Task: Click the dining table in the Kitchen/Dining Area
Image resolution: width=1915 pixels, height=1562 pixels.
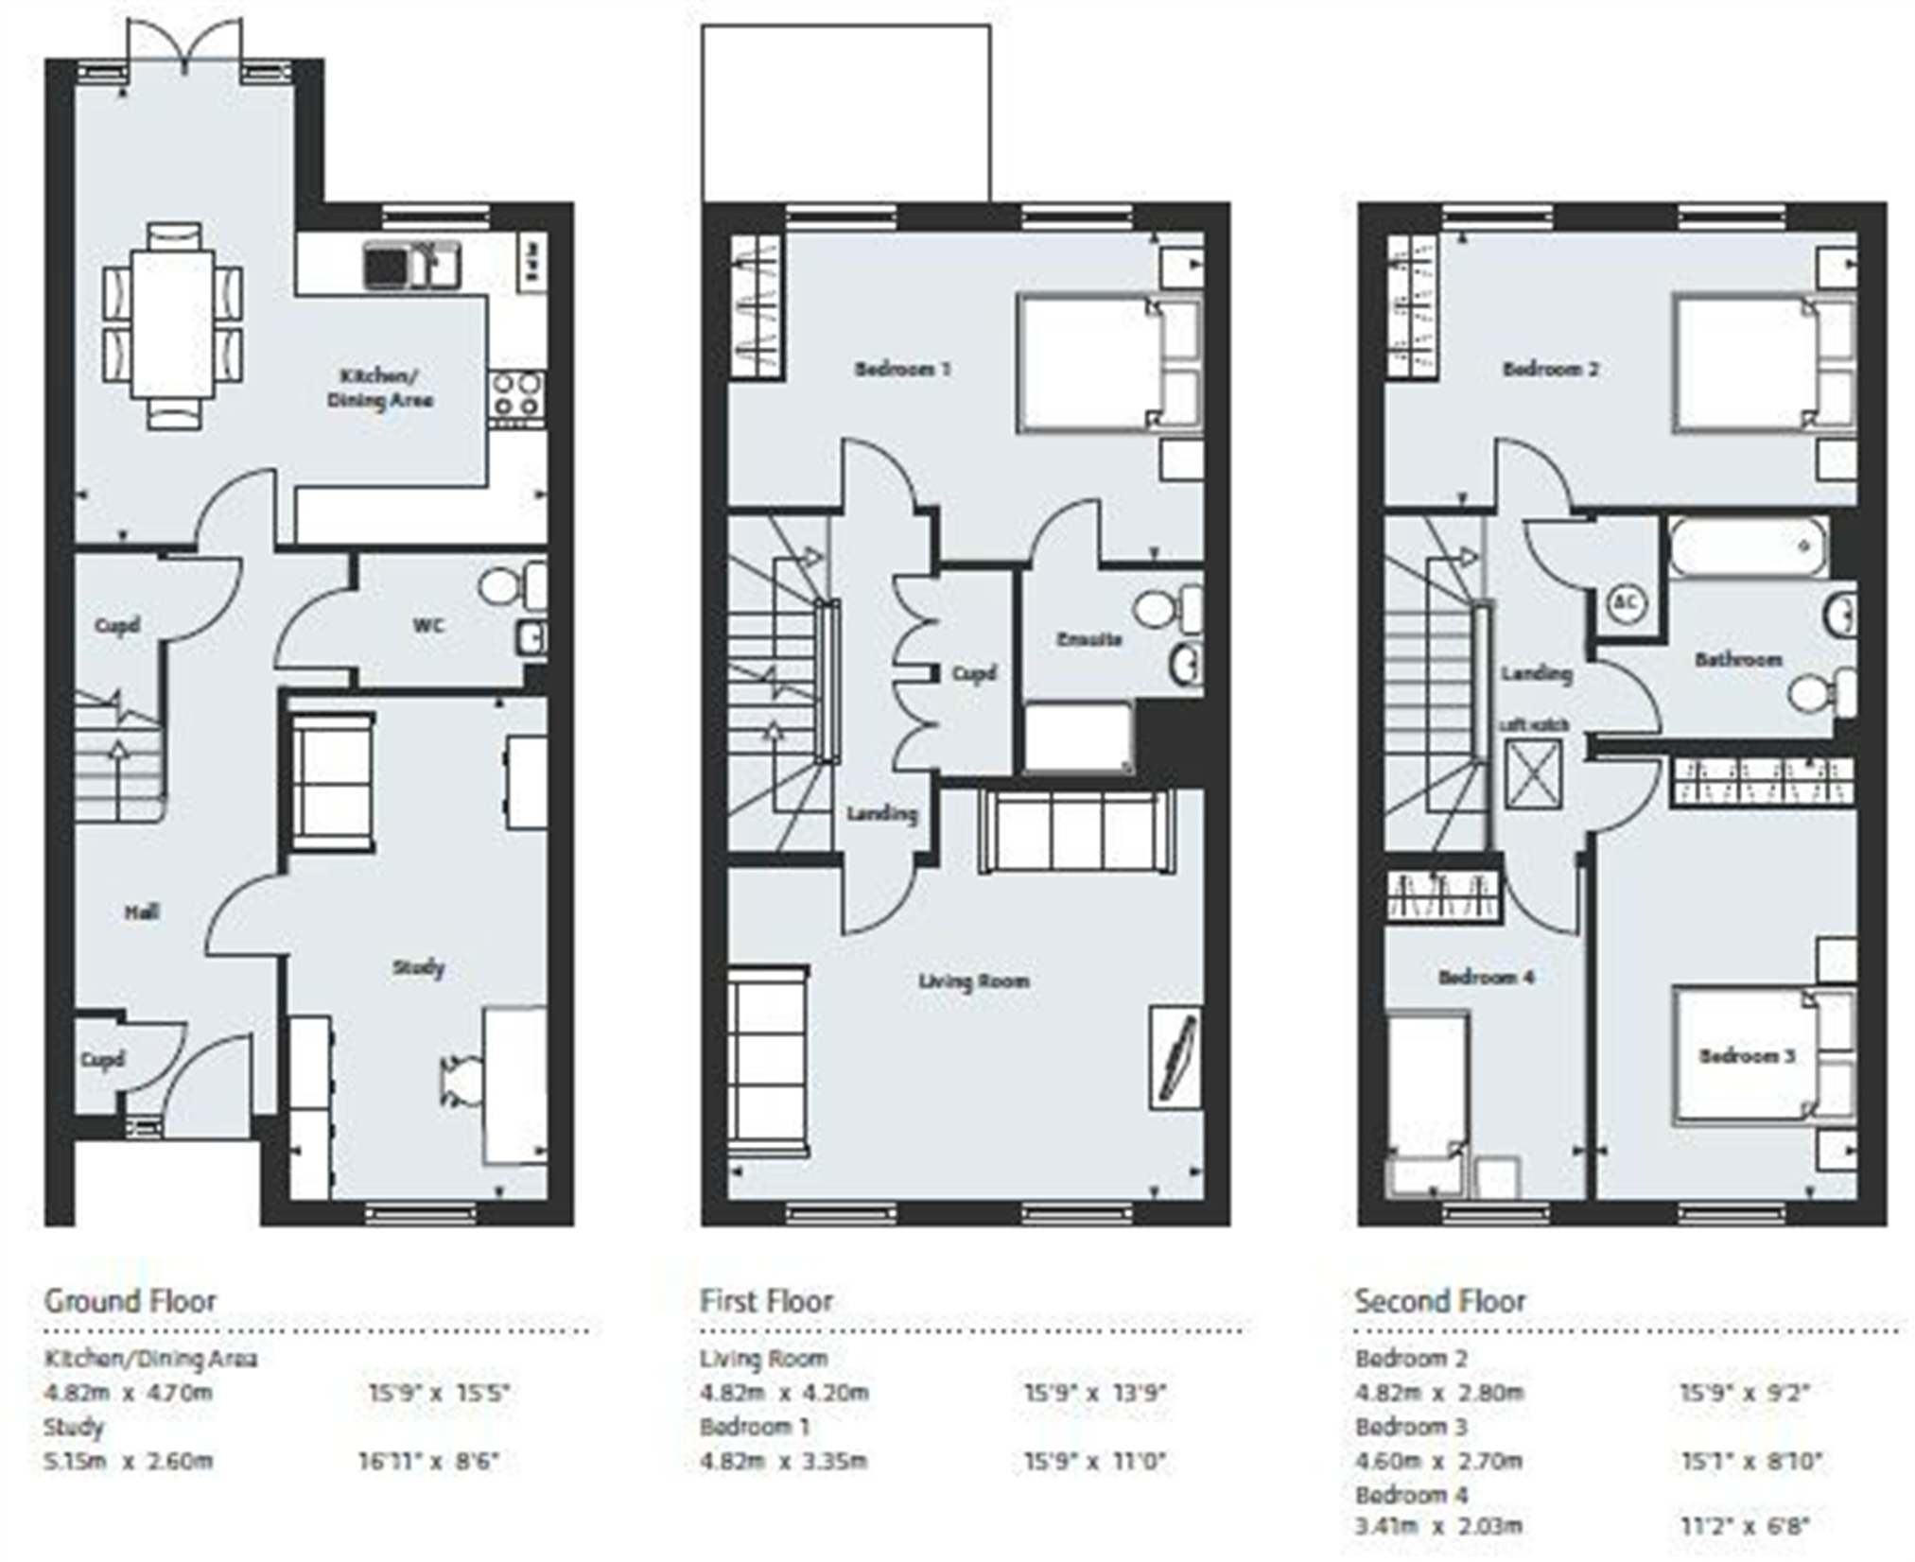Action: pyautogui.click(x=172, y=324)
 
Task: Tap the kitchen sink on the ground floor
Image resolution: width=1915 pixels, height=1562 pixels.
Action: pyautogui.click(x=412, y=265)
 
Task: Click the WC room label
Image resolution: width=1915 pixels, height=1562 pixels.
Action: pyautogui.click(x=428, y=626)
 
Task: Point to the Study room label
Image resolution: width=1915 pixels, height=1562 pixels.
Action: pyautogui.click(x=418, y=967)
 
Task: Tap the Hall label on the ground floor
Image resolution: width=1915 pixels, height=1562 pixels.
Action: pyautogui.click(x=142, y=912)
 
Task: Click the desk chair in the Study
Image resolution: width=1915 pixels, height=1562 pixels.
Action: pyautogui.click(x=459, y=1080)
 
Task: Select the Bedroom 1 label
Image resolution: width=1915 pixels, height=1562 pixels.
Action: pyautogui.click(x=902, y=369)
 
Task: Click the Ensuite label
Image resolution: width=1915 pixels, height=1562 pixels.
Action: pyautogui.click(x=1088, y=640)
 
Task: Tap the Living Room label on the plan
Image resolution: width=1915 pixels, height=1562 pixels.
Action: pyautogui.click(x=973, y=981)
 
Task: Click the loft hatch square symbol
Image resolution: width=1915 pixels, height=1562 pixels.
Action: pyautogui.click(x=1533, y=773)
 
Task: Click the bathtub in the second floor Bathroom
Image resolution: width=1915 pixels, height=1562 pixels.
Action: pyautogui.click(x=1747, y=547)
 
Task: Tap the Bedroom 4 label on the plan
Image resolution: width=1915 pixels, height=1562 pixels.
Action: pyautogui.click(x=1486, y=977)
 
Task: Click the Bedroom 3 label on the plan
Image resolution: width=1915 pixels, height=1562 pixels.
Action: pyautogui.click(x=1746, y=1056)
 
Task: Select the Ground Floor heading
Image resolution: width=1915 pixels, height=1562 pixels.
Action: pyautogui.click(x=131, y=1301)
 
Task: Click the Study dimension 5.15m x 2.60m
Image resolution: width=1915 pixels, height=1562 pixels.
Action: pyautogui.click(x=129, y=1461)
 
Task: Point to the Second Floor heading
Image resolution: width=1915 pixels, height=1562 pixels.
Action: pyautogui.click(x=1439, y=1301)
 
